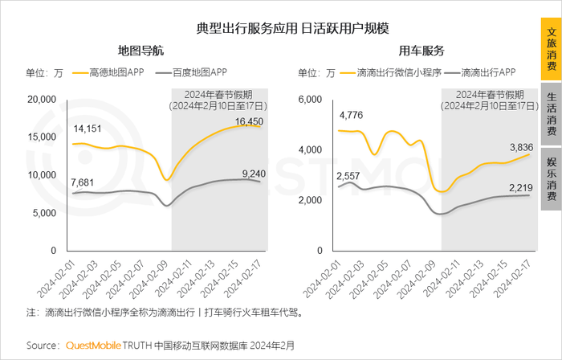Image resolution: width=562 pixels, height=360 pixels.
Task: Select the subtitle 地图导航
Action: click(140, 51)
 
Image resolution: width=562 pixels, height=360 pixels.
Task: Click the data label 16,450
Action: click(250, 121)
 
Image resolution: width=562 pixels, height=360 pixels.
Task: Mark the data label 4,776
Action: click(352, 115)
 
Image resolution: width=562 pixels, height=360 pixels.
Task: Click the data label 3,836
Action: click(513, 147)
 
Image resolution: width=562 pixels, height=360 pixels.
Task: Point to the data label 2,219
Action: click(513, 187)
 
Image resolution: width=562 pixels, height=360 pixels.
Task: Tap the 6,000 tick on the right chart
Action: click(309, 99)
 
